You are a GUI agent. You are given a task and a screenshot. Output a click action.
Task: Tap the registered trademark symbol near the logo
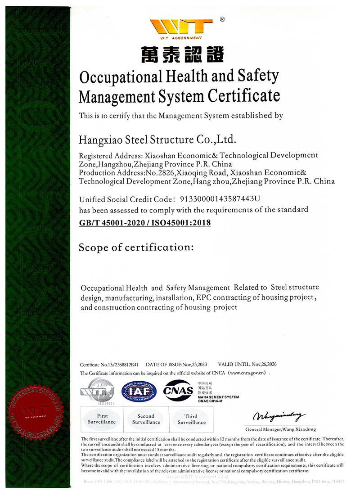222,19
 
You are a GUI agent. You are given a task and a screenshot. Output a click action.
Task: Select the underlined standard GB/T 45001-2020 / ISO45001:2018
144,222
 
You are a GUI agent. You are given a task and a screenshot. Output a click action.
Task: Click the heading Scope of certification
136,247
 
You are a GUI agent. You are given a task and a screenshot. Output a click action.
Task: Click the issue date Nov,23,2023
194,365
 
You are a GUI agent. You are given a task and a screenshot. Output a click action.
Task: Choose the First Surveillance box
102,419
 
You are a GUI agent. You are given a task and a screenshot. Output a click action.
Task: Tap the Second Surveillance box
146,419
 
